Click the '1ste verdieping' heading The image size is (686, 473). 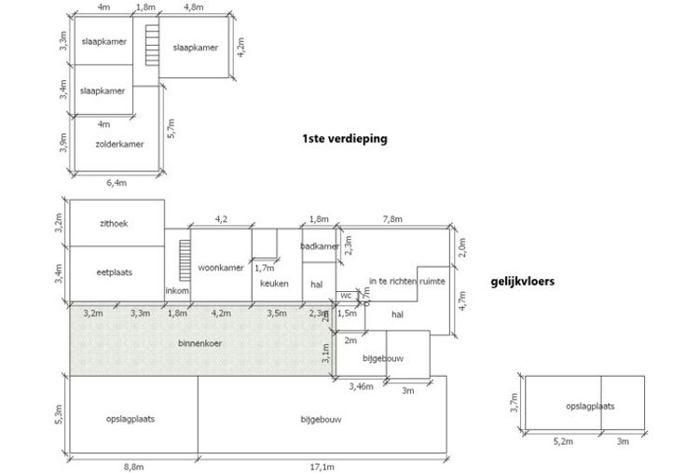click(344, 138)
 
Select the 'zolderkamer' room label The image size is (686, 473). click(118, 145)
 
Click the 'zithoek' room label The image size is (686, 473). click(117, 223)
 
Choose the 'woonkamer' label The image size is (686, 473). click(221, 268)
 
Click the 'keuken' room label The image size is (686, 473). click(275, 284)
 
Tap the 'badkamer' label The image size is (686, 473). click(318, 246)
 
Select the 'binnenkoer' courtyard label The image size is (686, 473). click(201, 342)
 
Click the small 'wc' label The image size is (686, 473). click(346, 295)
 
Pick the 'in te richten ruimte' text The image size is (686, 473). click(406, 280)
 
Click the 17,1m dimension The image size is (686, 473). click(322, 464)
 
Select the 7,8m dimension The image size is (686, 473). click(392, 219)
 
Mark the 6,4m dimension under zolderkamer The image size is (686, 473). click(117, 182)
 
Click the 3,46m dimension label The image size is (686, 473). click(361, 385)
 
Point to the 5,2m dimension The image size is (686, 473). click(564, 441)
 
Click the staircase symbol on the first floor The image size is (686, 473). click(147, 44)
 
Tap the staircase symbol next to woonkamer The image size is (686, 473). click(184, 256)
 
